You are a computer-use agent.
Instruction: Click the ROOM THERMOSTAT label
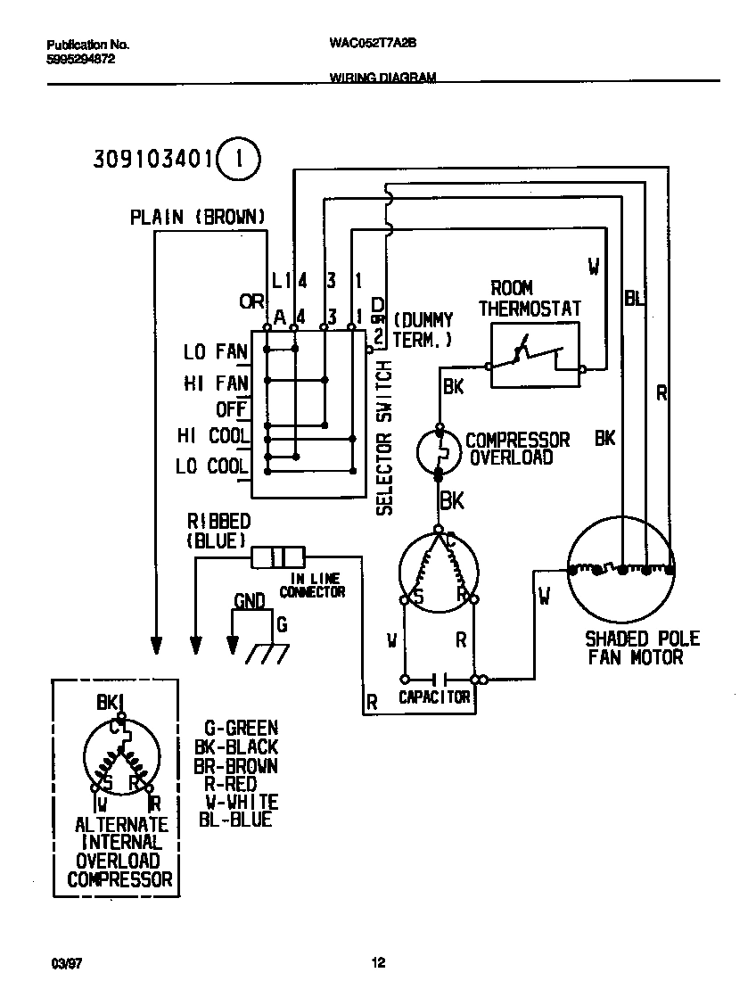click(530, 298)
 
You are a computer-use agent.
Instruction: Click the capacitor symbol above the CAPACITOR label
click(438, 679)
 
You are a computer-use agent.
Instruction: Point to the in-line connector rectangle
click(278, 558)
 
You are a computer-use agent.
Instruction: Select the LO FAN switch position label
click(215, 352)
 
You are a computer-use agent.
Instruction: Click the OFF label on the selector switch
click(231, 409)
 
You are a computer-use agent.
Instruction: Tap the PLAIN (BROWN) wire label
click(197, 217)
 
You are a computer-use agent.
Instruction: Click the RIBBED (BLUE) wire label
click(218, 531)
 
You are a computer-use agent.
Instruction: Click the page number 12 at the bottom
click(378, 962)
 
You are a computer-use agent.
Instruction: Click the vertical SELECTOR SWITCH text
click(384, 439)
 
